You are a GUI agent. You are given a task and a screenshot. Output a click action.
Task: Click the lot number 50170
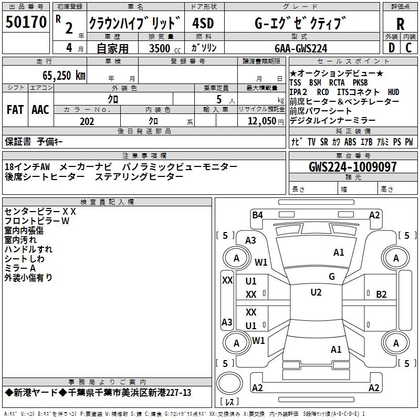click(26, 23)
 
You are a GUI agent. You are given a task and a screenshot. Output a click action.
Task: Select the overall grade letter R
click(400, 24)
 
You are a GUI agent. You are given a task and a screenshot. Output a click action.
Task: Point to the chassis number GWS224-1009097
click(353, 167)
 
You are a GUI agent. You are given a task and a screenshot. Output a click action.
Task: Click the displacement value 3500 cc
click(162, 48)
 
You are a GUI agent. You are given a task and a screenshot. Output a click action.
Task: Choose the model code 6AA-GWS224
click(301, 48)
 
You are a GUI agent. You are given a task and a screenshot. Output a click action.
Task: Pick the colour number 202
click(87, 121)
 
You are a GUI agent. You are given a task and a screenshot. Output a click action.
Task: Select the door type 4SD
click(203, 24)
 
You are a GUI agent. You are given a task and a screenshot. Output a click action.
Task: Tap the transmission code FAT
click(15, 110)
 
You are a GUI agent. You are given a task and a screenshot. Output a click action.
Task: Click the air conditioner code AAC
click(40, 110)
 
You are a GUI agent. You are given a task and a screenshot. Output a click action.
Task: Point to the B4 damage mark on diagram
click(257, 215)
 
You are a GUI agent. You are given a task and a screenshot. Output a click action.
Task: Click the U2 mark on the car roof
click(316, 292)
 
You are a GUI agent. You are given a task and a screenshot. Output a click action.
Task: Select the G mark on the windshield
click(331, 277)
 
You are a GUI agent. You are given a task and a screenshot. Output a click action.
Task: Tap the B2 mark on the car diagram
click(381, 294)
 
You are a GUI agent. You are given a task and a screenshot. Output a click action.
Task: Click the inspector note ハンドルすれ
click(28, 249)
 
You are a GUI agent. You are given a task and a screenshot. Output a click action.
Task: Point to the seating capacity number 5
click(218, 99)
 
